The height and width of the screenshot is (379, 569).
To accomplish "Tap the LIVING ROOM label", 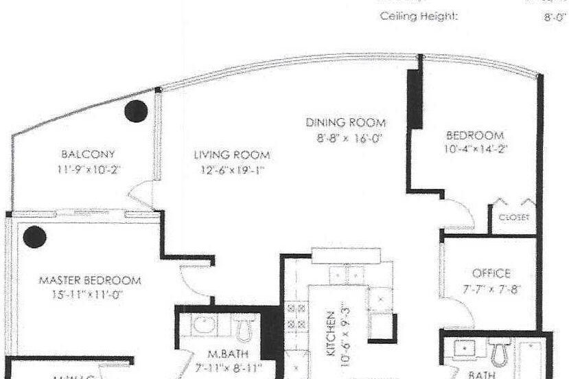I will (231, 154).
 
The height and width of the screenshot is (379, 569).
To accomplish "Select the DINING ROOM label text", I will (345, 123).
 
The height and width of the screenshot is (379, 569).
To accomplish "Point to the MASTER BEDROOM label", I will (90, 280).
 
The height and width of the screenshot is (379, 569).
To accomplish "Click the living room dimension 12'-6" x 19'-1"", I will (231, 168).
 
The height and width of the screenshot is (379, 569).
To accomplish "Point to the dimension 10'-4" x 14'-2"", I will (474, 148).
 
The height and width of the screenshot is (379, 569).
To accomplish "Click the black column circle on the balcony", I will (136, 111).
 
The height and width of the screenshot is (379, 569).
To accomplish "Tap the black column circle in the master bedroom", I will (34, 237).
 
